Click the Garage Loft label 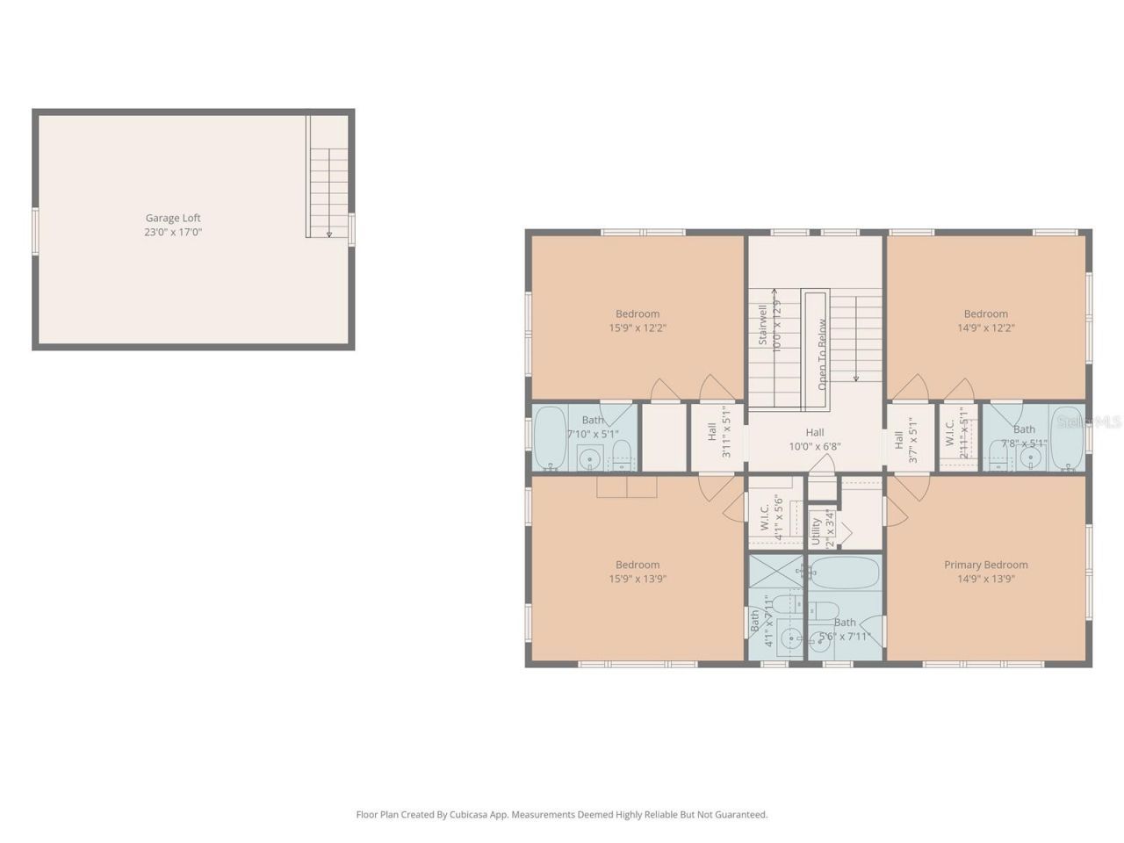point(173,218)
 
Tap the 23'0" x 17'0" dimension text point(173,232)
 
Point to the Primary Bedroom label point(985,565)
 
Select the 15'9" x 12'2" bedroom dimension point(637,328)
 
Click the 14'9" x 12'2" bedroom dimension point(985,328)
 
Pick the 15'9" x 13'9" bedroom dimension point(637,579)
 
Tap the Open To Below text point(822,354)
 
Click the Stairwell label point(762,325)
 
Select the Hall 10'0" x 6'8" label point(815,439)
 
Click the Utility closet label point(816,531)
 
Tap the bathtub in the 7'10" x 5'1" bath point(551,438)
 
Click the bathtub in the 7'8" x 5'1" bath point(1068,438)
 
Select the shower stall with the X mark point(776,572)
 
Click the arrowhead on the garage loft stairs point(329,234)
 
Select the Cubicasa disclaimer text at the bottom point(561,815)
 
